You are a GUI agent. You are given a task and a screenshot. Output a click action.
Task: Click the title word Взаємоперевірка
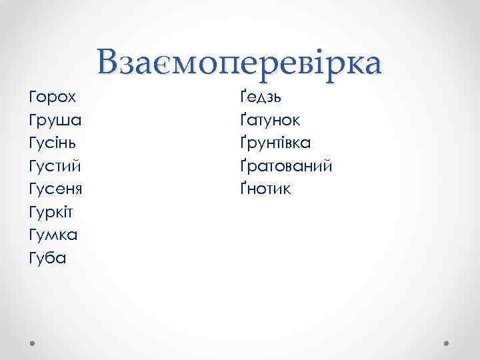point(239,63)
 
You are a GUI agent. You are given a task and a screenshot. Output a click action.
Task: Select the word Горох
point(53,97)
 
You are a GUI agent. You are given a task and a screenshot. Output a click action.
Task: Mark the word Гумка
point(53,235)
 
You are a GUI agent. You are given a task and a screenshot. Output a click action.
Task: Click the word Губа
point(48,258)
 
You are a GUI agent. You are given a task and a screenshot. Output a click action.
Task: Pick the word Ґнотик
point(265,189)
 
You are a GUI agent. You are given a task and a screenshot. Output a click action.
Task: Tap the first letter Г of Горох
point(34,97)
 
